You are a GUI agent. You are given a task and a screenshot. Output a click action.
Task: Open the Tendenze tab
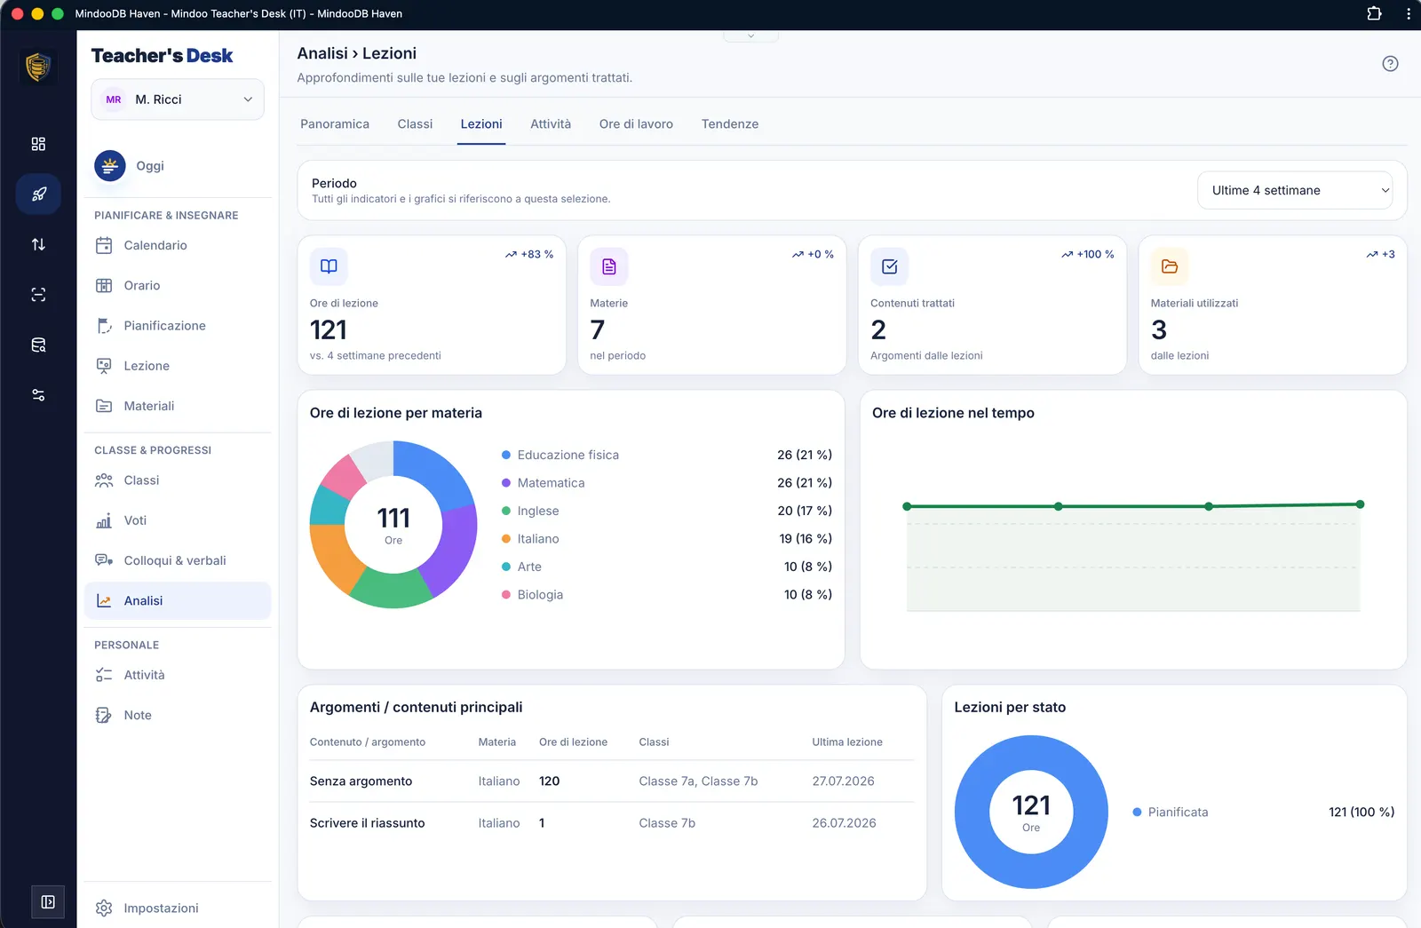click(729, 123)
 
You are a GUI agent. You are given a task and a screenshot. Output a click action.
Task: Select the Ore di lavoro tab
click(636, 123)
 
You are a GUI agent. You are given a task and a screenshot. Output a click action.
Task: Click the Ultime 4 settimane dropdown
click(1295, 190)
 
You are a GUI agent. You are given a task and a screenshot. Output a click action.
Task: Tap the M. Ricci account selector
click(178, 99)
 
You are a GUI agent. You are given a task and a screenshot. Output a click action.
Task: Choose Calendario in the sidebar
click(155, 245)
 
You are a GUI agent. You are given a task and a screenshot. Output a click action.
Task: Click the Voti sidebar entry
click(134, 520)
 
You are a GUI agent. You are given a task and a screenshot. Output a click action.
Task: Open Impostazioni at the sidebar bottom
click(161, 908)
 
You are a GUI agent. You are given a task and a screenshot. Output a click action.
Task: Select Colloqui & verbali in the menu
click(174, 560)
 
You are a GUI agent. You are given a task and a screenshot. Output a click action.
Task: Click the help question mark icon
click(1390, 63)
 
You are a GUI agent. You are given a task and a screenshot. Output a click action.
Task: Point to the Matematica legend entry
click(551, 483)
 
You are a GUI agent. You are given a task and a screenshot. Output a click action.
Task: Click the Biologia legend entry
click(540, 594)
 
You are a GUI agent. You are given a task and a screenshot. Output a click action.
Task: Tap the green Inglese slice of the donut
click(390, 590)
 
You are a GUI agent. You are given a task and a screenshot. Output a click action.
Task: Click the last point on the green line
click(1360, 504)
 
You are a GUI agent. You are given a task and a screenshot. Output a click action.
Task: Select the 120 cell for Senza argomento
click(550, 781)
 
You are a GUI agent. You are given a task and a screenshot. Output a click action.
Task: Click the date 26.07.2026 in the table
click(844, 822)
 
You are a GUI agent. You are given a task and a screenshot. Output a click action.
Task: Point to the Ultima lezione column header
click(847, 742)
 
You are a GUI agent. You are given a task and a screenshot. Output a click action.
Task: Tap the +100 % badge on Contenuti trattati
click(1087, 254)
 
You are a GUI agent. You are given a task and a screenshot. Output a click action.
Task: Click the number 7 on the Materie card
click(597, 329)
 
